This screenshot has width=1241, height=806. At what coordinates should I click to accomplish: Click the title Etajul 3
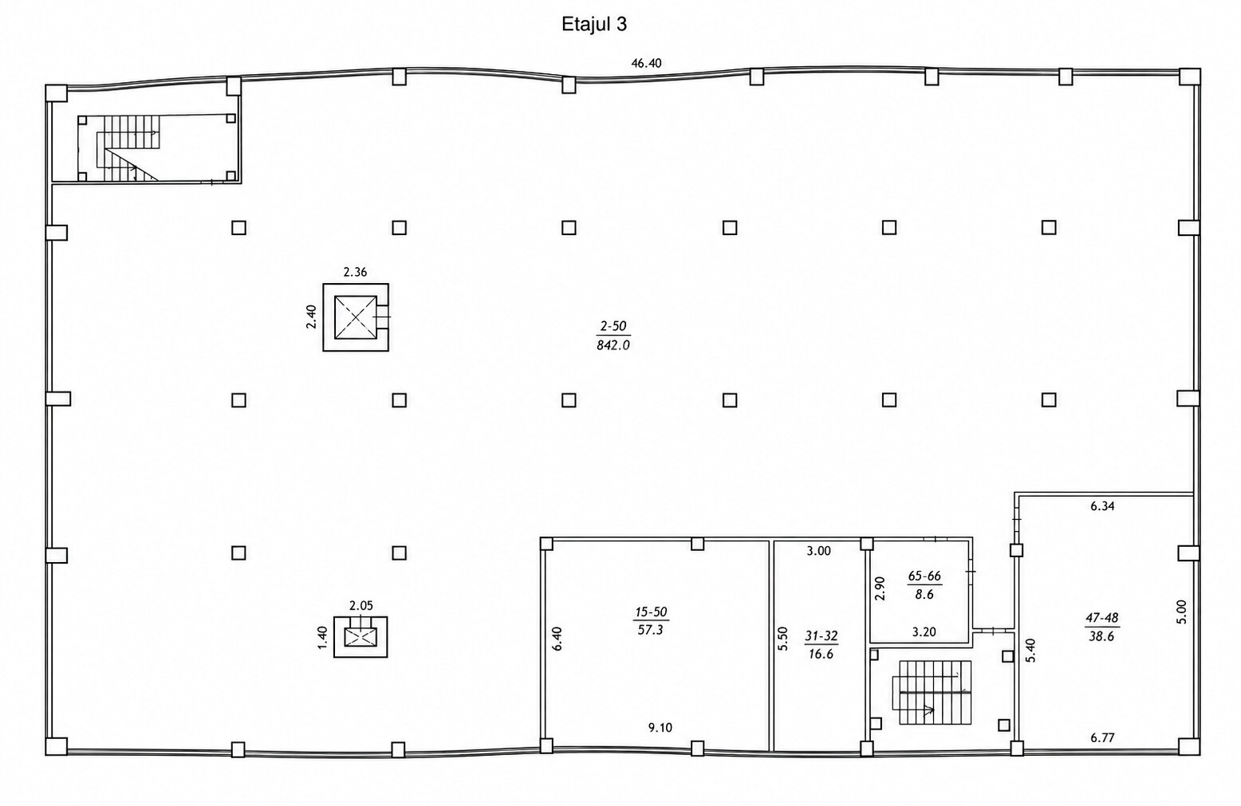(x=594, y=25)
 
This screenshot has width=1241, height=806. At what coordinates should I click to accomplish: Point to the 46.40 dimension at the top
(x=646, y=63)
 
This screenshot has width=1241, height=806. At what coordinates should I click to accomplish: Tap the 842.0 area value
(x=613, y=345)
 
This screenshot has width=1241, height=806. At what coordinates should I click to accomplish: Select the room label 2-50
(x=613, y=326)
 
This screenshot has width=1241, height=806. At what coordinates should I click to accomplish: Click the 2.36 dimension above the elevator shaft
(x=355, y=272)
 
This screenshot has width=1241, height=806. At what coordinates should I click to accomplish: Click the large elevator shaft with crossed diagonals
(x=356, y=317)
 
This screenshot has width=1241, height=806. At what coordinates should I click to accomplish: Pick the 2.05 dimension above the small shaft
(x=361, y=605)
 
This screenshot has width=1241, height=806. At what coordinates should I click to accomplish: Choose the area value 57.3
(x=651, y=630)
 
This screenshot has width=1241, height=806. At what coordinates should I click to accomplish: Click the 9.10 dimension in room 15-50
(x=660, y=727)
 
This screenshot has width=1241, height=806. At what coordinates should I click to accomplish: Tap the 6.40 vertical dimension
(x=558, y=638)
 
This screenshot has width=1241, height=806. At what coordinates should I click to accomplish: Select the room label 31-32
(x=821, y=635)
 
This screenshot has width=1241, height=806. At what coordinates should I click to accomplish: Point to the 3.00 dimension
(x=819, y=551)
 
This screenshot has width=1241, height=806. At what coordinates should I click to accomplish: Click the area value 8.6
(x=924, y=595)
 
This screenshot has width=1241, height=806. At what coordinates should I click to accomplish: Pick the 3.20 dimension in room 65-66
(x=924, y=631)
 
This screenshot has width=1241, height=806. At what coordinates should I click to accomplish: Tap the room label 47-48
(x=1102, y=617)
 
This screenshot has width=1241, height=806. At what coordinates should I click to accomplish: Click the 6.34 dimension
(x=1102, y=505)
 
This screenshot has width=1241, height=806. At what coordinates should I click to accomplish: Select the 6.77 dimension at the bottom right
(x=1102, y=737)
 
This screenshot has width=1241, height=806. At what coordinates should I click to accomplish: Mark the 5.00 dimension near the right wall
(x=1182, y=612)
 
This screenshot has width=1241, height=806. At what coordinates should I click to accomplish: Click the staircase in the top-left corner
(x=128, y=148)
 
